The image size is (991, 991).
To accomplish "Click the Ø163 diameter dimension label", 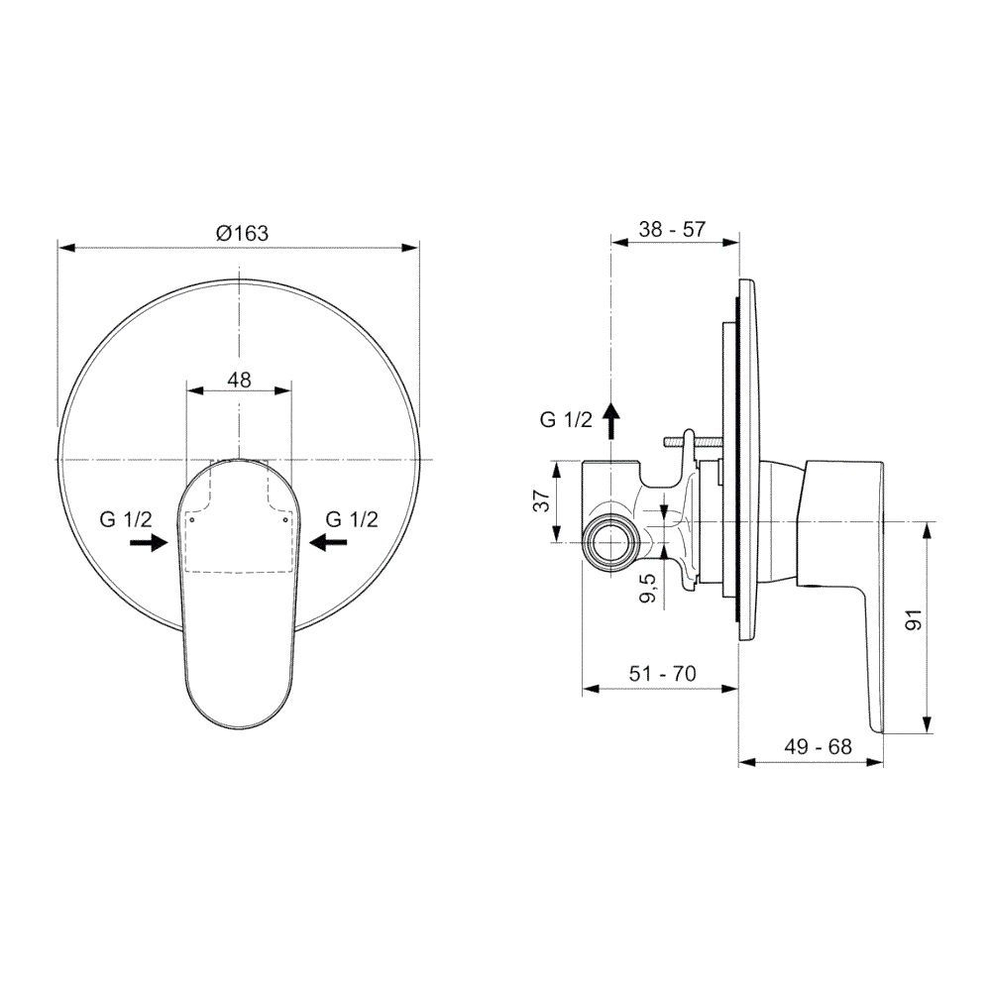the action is [242, 233].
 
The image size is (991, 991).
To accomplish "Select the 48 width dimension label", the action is [239, 380].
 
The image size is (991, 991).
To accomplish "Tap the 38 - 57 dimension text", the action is [671, 229].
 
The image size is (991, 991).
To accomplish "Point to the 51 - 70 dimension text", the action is [662, 674].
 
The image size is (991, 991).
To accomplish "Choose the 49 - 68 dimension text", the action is [818, 747].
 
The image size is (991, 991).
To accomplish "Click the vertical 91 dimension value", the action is [914, 620].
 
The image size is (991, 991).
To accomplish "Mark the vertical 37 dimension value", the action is [542, 500].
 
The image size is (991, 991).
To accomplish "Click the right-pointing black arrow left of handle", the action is [149, 542].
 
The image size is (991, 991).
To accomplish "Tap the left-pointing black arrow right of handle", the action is [328, 542].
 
